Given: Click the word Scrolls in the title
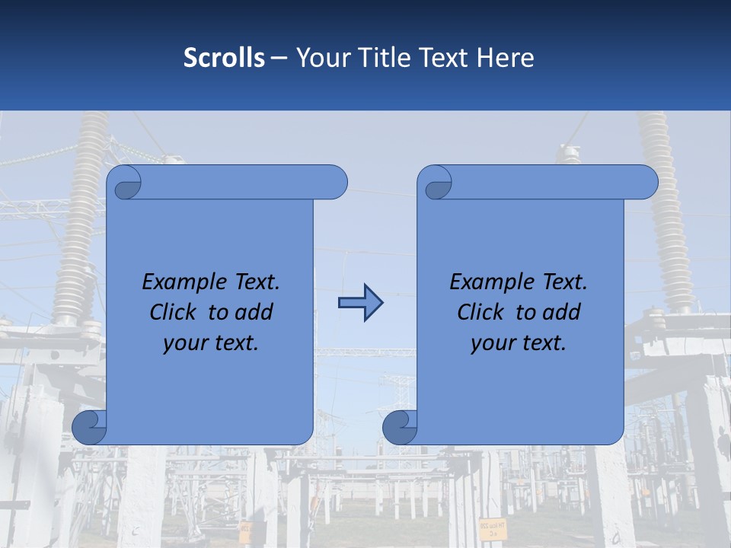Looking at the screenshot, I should [224, 58].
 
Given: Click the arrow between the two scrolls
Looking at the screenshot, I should [360, 303].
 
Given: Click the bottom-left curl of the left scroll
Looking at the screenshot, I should [88, 427].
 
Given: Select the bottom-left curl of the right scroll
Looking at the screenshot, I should [399, 427].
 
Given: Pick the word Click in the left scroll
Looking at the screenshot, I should [173, 312].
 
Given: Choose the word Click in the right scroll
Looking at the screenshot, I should [480, 312].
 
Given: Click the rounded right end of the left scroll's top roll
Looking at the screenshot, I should [335, 183].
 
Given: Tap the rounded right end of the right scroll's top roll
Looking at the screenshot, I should [646, 183].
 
